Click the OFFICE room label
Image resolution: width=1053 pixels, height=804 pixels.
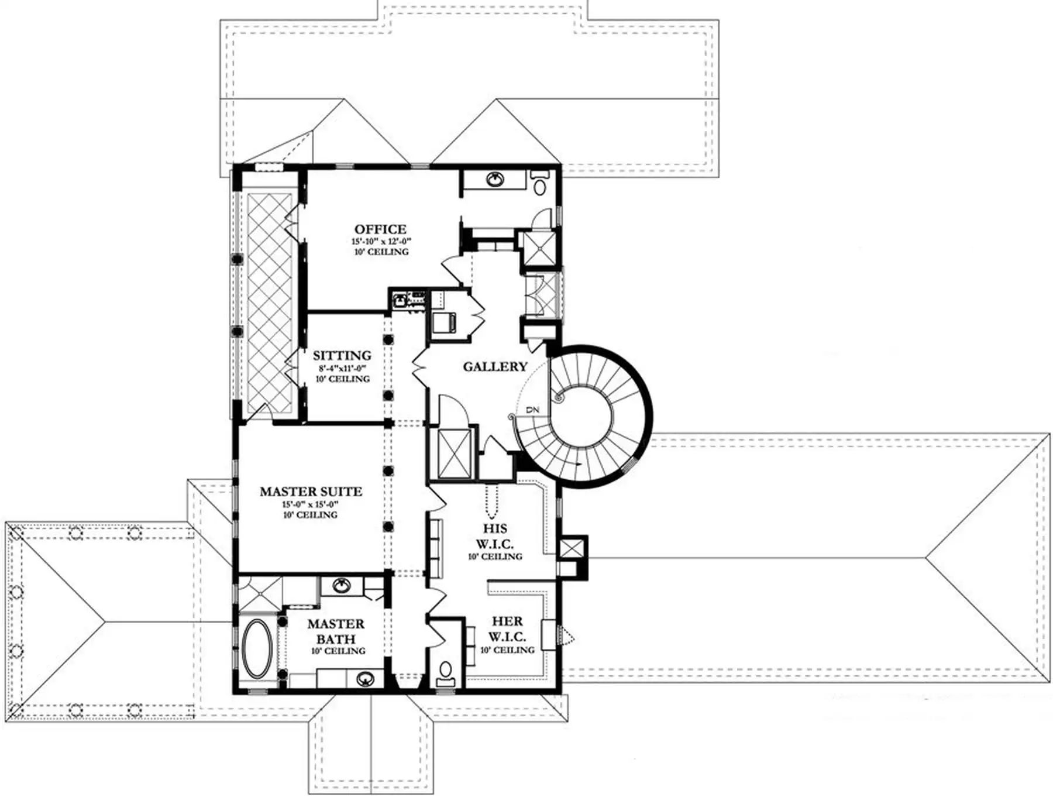[x=380, y=229]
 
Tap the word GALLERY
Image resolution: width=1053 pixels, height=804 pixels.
[x=495, y=367]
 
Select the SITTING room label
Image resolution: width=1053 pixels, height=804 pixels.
[x=342, y=356]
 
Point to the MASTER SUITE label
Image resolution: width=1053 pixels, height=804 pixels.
[x=311, y=492]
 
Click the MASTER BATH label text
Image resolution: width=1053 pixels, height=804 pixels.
[x=336, y=631]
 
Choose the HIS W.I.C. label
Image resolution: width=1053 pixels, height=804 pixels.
[x=495, y=536]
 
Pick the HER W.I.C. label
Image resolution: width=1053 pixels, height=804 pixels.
[x=507, y=628]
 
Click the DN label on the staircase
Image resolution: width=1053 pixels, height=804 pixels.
[x=532, y=410]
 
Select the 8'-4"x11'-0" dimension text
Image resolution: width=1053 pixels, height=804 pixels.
[x=342, y=369]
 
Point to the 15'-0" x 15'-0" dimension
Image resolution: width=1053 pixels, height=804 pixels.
[x=311, y=504]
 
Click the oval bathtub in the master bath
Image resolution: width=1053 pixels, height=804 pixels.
[x=257, y=649]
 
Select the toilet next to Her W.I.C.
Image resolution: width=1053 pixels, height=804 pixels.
[x=446, y=672]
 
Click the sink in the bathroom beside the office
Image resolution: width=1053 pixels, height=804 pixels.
[x=497, y=179]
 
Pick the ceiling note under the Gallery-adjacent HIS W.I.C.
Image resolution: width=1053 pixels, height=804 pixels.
[x=495, y=556]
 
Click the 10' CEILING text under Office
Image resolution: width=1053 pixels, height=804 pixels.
[x=381, y=252]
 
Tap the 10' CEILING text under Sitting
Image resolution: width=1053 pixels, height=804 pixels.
[x=343, y=379]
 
